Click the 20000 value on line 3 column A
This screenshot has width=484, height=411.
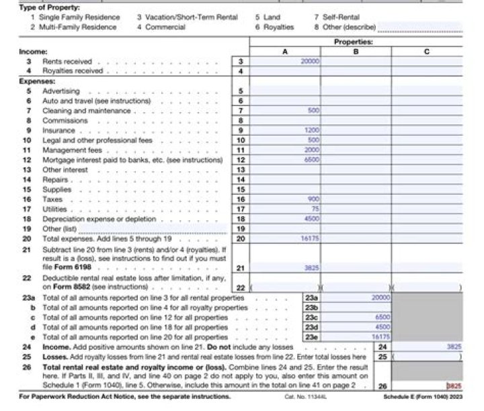click(x=311, y=61)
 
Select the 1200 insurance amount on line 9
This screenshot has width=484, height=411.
click(x=311, y=130)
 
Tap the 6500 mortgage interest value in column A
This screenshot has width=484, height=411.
click(x=311, y=161)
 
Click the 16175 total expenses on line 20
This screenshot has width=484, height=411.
click(x=310, y=238)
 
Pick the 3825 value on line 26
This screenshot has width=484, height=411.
click(x=455, y=386)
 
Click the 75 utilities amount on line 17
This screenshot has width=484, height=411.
click(x=315, y=209)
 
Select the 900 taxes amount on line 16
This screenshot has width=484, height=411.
click(x=313, y=199)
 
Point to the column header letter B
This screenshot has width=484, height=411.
click(x=356, y=51)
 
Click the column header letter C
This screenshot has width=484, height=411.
click(x=427, y=51)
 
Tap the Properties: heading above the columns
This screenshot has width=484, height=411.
click(x=354, y=42)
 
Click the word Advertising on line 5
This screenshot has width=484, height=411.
click(x=61, y=91)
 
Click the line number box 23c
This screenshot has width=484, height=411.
click(x=311, y=317)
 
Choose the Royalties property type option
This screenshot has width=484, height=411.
click(x=278, y=28)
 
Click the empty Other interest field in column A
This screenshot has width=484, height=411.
click(x=284, y=170)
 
